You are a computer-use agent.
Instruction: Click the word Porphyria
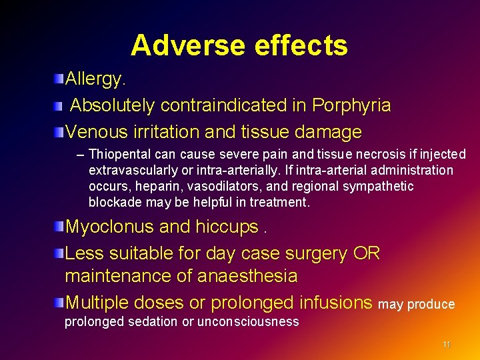[351, 105]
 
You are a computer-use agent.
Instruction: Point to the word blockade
[114, 202]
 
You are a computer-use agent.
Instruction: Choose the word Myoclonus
[109, 227]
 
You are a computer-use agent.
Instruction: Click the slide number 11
[447, 345]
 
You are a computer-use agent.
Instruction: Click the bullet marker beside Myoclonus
[60, 227]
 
